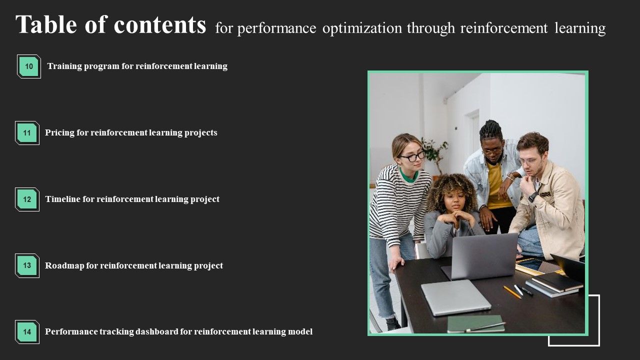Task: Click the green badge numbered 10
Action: coord(29,66)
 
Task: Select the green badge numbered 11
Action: coord(27,133)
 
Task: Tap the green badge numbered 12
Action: coord(27,199)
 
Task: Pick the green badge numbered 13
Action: coord(27,265)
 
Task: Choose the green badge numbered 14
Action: coord(27,331)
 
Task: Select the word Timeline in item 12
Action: coord(63,199)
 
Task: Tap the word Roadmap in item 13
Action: coord(64,265)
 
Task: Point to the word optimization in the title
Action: coord(362,28)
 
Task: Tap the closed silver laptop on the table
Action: coord(455,296)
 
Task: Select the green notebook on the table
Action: coord(475,323)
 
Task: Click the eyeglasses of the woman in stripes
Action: coord(412,156)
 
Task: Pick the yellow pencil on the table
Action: coord(511,291)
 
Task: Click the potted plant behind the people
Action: coord(433,152)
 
